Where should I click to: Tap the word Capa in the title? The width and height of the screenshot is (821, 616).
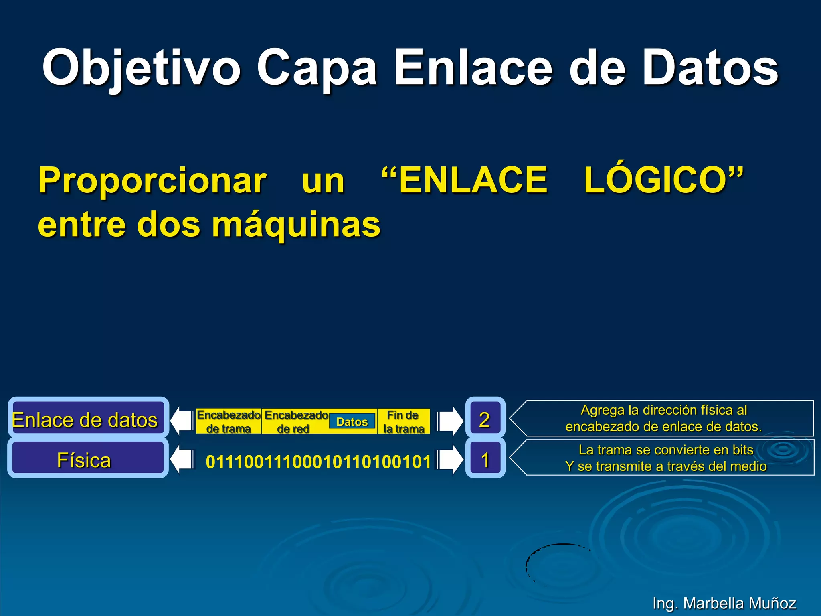pos(317,68)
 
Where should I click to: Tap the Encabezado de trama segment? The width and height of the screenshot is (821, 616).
pos(229,421)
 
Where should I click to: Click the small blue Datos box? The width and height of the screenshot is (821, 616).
pos(352,421)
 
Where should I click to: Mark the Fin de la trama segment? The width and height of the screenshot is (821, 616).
pos(403,421)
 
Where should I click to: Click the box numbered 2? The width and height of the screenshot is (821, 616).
pos(485,419)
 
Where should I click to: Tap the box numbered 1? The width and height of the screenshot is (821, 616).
pos(485,460)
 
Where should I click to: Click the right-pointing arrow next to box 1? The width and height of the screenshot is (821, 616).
pos(450,460)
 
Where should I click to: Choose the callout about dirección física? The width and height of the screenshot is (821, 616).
pos(664,418)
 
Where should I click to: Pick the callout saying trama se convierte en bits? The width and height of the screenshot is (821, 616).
pos(665,458)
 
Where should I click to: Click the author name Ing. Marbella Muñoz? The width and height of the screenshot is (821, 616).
pos(724,603)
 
